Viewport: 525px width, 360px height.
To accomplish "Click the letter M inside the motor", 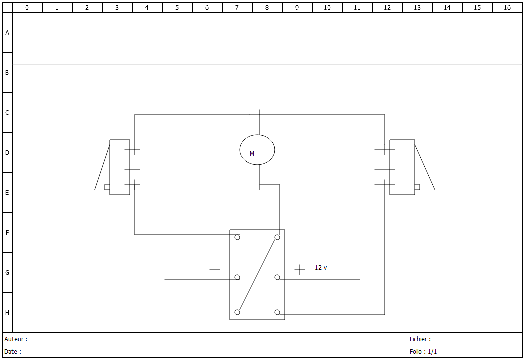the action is point(252,153).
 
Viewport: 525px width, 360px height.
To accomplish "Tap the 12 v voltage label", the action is point(321,268).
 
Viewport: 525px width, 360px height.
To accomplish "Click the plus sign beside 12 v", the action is point(300,270).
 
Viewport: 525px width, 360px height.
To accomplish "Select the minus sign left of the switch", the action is point(215,270).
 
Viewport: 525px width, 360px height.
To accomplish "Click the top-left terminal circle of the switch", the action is point(237,237).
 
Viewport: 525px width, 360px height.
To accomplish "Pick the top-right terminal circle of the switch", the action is point(277,237).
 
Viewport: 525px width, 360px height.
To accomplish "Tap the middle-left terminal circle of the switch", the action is point(237,277).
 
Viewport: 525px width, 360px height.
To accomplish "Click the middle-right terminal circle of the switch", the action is point(277,277).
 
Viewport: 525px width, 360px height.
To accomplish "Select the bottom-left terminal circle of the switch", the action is point(237,312).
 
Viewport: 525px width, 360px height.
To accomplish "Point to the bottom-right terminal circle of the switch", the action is point(277,312).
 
